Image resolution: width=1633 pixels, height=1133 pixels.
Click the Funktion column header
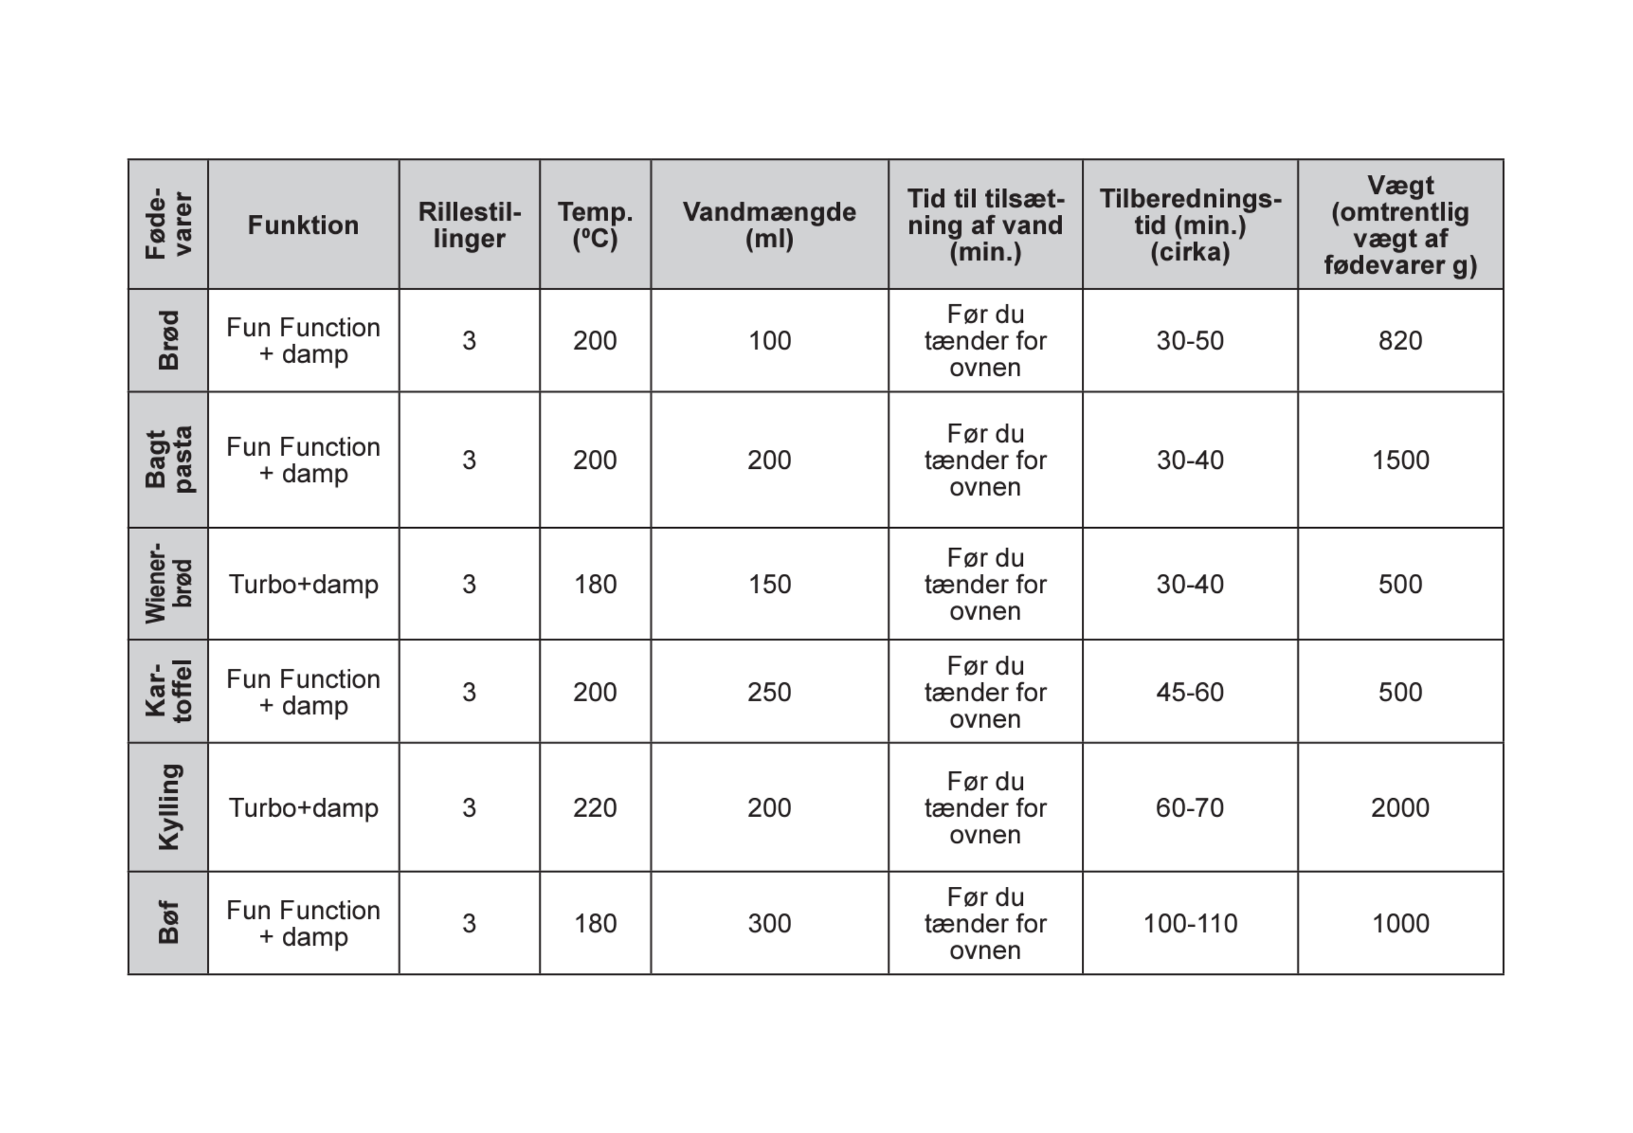click(x=303, y=225)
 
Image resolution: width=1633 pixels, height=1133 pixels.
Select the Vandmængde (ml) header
click(x=769, y=225)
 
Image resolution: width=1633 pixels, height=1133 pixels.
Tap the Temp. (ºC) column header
click(x=595, y=225)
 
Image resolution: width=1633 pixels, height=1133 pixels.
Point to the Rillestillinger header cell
click(x=469, y=225)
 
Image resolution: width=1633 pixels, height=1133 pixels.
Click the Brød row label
click(x=169, y=340)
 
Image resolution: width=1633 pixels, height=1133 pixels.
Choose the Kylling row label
click(x=169, y=807)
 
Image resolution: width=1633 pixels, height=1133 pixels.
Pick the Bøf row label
click(x=169, y=923)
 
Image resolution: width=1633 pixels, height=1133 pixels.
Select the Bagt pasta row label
click(x=169, y=459)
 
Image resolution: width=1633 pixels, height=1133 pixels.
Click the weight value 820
click(x=1400, y=341)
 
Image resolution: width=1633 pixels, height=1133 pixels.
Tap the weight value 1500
click(x=1400, y=460)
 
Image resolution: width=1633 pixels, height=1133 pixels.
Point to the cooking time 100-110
click(x=1190, y=923)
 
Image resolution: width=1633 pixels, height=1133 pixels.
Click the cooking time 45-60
click(x=1190, y=692)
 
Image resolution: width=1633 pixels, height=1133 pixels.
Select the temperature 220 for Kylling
click(x=595, y=808)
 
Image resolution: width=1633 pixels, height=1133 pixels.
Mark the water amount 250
click(x=769, y=692)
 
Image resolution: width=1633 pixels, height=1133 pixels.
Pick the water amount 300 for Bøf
click(x=769, y=923)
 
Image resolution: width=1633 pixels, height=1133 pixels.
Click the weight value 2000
click(x=1400, y=808)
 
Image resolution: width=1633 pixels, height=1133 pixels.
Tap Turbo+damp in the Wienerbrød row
click(x=303, y=584)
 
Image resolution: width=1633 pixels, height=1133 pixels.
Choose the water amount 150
click(x=769, y=584)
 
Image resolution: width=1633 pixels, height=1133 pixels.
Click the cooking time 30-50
click(x=1190, y=341)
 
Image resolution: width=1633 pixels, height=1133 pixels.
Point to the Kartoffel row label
click(x=169, y=691)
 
